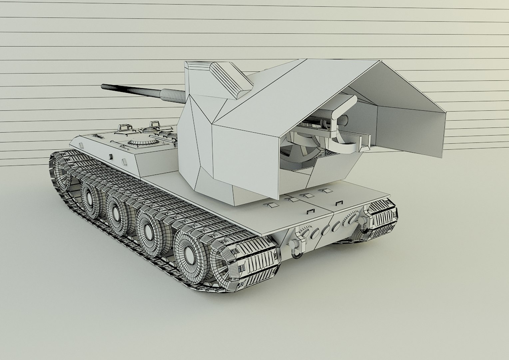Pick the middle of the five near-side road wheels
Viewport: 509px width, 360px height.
[117, 212]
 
